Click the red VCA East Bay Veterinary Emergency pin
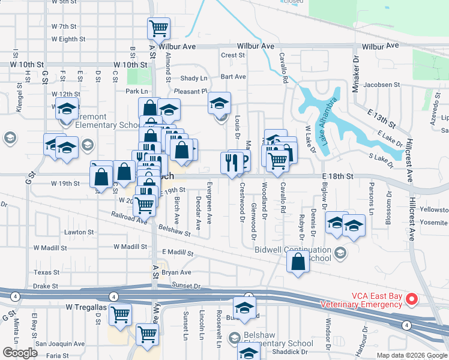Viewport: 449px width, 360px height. [412, 298]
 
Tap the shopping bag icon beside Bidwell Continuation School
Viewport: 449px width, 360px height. [298, 262]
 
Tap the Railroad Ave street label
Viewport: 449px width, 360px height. [128, 217]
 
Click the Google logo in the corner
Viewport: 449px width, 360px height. [20, 353]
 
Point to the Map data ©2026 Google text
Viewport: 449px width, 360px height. [411, 355]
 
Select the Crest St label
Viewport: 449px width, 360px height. [233, 55]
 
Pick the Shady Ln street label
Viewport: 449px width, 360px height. [193, 79]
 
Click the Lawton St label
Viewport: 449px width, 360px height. [80, 232]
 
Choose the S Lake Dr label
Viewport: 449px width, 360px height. [379, 157]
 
